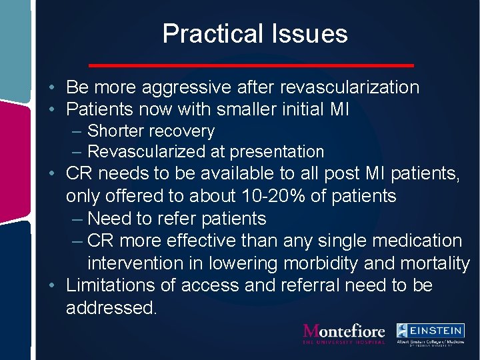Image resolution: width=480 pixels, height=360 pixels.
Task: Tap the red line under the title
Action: point(252,65)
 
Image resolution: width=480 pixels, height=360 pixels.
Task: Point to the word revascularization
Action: point(350,87)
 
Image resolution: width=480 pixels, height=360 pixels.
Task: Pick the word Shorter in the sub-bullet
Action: point(117,131)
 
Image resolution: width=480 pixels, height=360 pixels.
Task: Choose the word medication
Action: point(415,241)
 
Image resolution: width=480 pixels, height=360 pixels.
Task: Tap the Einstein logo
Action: point(430,333)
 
